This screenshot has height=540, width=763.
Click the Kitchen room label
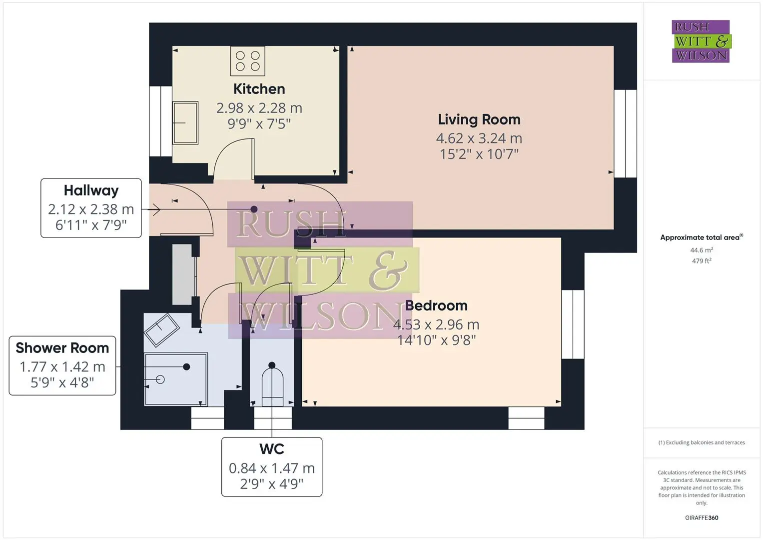(259, 89)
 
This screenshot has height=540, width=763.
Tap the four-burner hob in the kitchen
(248, 61)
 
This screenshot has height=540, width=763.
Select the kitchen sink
(185, 122)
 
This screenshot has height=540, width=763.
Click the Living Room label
(479, 119)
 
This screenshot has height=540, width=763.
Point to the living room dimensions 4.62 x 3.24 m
(479, 138)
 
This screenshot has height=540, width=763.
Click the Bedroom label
(436, 305)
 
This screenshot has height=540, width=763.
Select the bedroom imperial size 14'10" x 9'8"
(436, 340)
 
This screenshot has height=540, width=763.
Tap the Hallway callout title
(91, 190)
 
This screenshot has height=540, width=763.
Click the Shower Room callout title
(62, 347)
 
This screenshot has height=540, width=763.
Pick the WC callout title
(272, 449)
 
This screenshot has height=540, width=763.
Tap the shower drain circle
(160, 379)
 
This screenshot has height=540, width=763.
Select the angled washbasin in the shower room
(161, 330)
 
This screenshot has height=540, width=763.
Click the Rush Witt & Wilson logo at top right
(702, 41)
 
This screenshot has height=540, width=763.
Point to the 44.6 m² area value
(702, 250)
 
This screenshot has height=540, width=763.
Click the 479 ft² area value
(702, 261)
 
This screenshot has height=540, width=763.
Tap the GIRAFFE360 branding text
(702, 518)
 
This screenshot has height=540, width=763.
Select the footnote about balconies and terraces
(702, 442)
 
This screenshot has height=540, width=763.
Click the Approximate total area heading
(702, 237)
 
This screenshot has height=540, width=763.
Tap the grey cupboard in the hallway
(182, 274)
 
